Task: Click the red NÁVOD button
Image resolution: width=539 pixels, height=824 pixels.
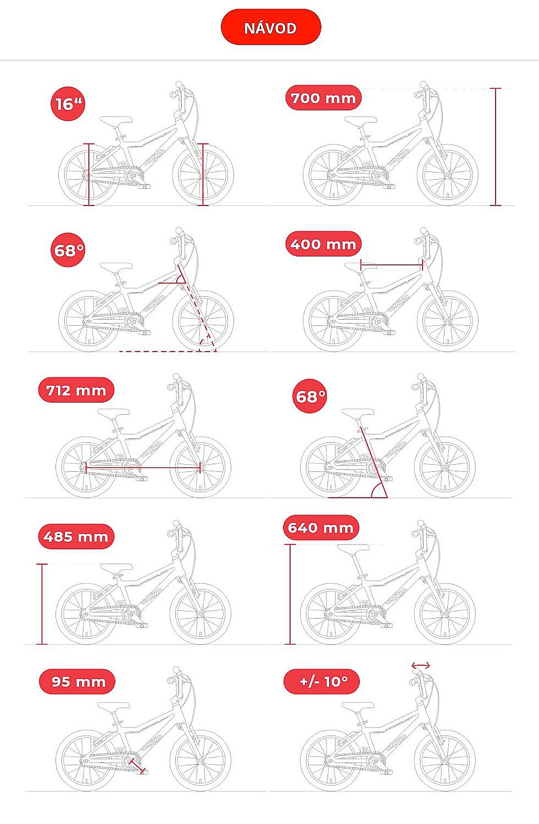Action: pos(271,27)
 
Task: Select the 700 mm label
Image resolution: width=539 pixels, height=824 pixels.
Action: pos(324,98)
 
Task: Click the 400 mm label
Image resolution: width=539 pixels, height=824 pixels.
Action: pos(324,244)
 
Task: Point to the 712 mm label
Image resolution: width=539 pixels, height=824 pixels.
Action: pos(76,390)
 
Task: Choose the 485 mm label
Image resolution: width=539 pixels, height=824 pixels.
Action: pos(76,536)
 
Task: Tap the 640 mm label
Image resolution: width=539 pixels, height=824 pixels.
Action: pos(321,527)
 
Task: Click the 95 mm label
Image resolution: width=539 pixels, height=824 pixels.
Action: pos(77,682)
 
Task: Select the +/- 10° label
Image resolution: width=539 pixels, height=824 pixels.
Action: pos(321,682)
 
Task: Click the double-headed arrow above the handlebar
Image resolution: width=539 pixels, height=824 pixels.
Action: pos(420,665)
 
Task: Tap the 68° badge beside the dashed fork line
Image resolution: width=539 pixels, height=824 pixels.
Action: pos(68,250)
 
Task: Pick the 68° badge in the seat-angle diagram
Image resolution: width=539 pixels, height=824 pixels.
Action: pos(310,396)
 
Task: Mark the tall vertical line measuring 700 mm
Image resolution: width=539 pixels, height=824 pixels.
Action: pos(495,147)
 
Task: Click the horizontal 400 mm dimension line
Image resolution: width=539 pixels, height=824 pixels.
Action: pos(391,264)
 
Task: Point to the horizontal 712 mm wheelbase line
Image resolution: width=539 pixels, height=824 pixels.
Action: pos(143,468)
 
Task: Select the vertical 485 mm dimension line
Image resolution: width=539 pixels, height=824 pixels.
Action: pos(42,604)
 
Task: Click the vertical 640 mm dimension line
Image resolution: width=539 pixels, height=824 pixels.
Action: pos(290,594)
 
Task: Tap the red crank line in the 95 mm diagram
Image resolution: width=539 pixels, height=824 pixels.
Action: pos(137,765)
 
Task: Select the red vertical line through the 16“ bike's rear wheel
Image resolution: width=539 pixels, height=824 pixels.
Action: pos(88,174)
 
